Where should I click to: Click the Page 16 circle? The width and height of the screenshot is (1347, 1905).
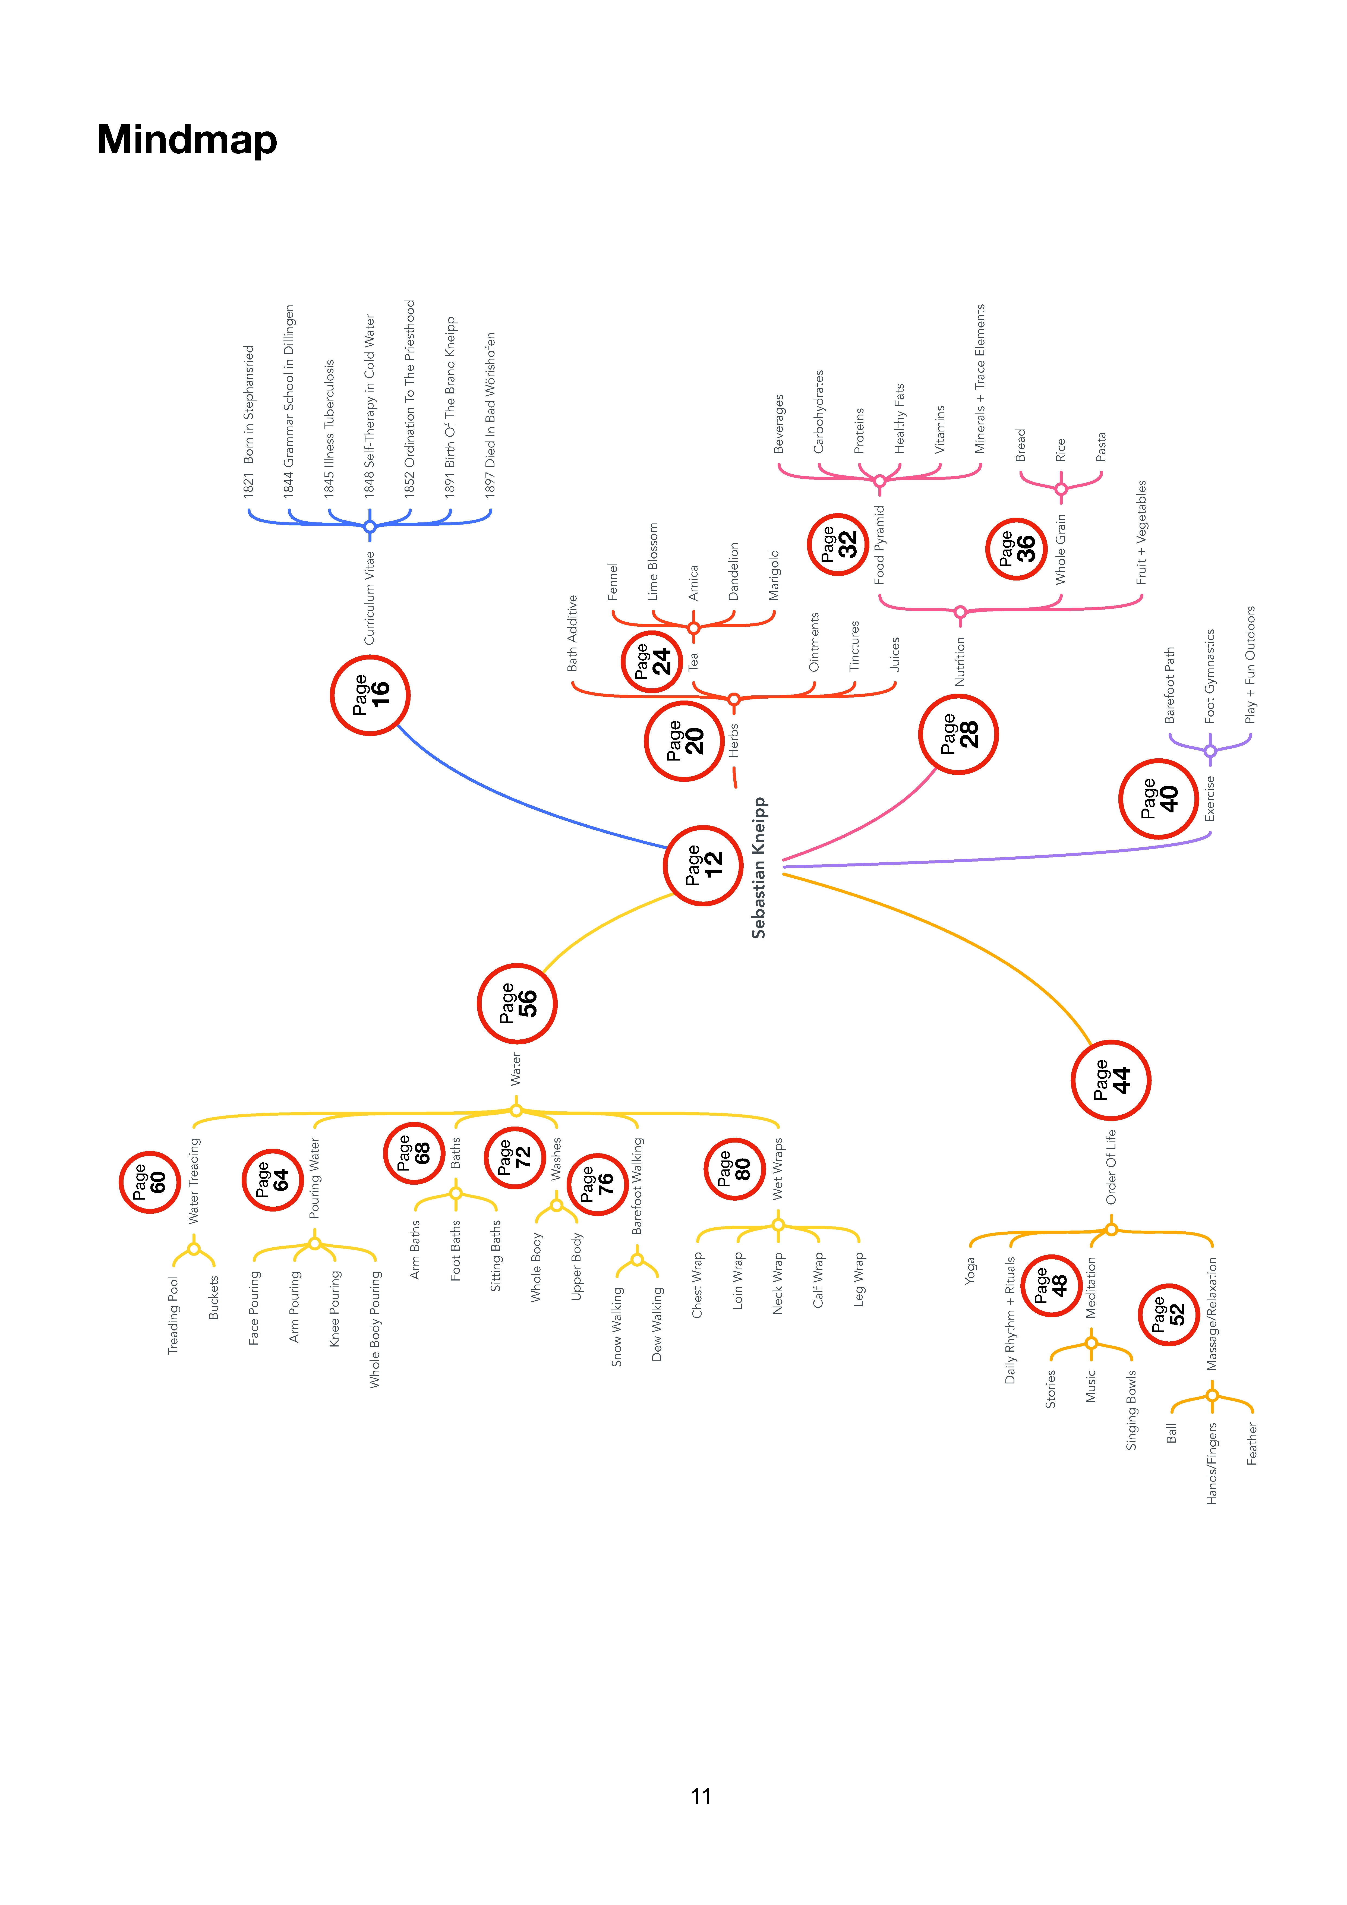click(370, 695)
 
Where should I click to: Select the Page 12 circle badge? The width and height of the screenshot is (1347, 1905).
click(703, 865)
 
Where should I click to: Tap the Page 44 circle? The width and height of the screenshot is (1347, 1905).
click(1111, 1080)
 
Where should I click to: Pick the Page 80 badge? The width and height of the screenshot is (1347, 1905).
click(734, 1169)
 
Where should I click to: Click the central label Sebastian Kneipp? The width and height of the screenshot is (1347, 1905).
click(759, 868)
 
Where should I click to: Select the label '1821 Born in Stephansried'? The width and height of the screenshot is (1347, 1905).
click(248, 421)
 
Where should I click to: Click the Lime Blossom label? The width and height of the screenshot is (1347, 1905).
click(653, 562)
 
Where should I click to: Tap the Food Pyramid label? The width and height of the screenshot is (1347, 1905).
click(880, 544)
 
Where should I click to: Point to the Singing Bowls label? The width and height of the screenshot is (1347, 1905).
click(1131, 1411)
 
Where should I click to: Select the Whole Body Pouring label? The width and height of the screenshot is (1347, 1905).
click(375, 1329)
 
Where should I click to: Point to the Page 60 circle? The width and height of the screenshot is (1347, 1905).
click(150, 1182)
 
